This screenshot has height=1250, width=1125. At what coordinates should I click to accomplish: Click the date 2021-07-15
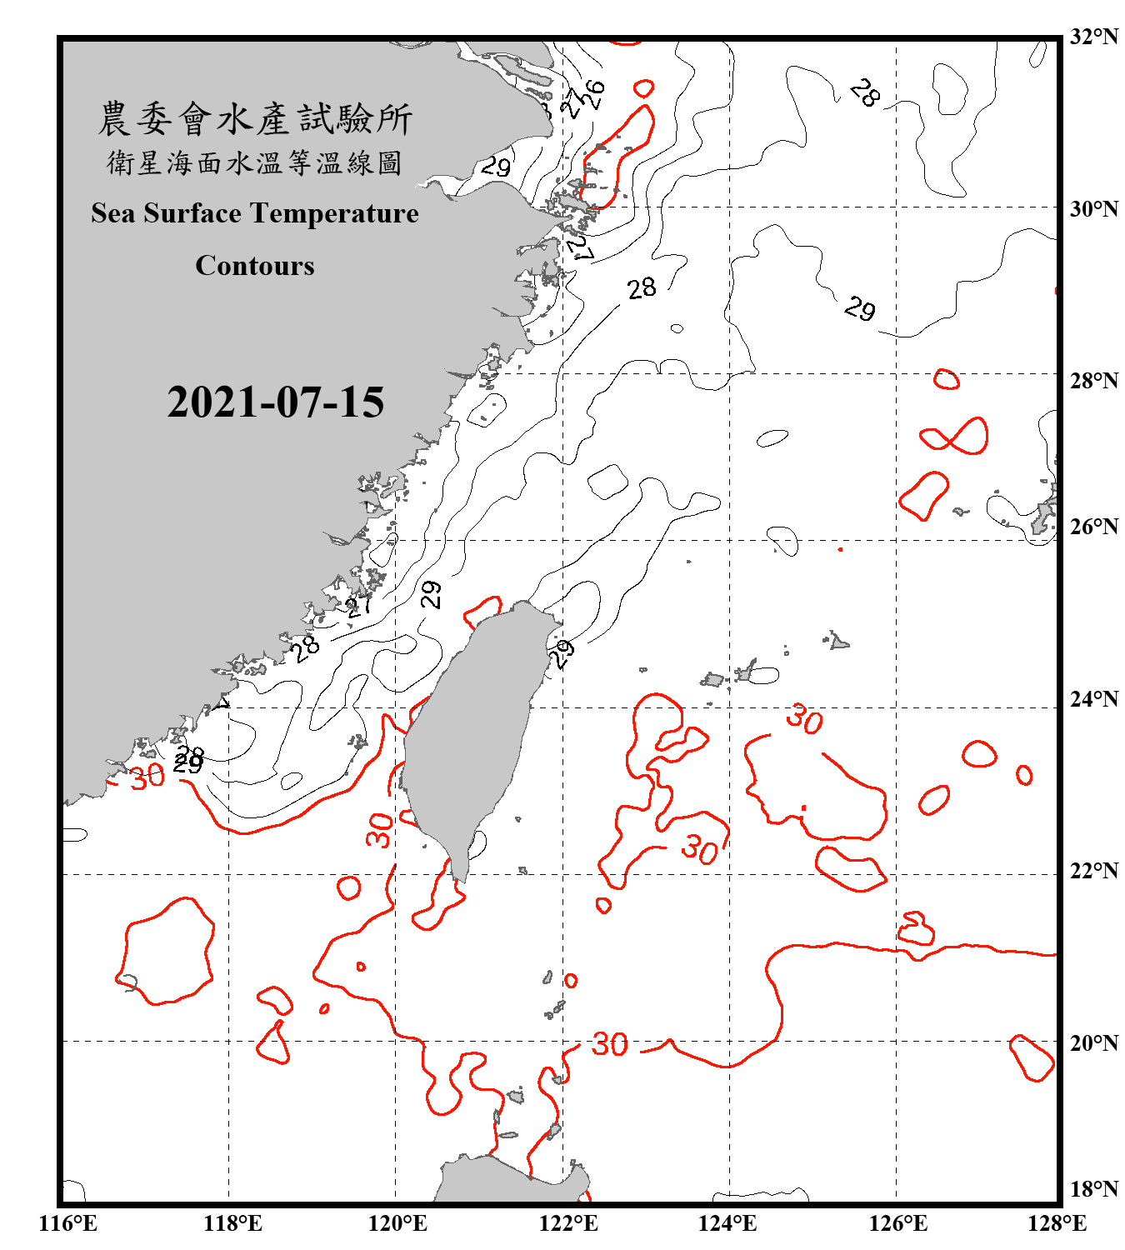[275, 402]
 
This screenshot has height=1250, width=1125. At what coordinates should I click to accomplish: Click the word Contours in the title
[255, 266]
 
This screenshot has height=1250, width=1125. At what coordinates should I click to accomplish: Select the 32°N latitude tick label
[1094, 37]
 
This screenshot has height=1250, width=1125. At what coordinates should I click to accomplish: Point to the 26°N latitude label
[1094, 527]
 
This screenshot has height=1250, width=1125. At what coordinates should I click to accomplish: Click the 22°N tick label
[1094, 871]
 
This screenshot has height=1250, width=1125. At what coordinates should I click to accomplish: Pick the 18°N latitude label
[1094, 1189]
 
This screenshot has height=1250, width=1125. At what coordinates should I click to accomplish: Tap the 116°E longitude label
[67, 1223]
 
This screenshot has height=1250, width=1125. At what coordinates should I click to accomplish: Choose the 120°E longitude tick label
[397, 1223]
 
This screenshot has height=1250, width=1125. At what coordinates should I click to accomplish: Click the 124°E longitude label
[727, 1223]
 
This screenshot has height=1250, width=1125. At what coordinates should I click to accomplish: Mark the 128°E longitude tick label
[1057, 1223]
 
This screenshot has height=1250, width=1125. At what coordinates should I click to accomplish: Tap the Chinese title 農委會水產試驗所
[255, 119]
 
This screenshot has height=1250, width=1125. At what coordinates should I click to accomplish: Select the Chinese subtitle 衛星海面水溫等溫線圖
[255, 163]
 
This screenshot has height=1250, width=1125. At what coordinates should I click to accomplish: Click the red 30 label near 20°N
[609, 1044]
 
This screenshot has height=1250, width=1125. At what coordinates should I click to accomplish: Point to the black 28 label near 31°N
[865, 92]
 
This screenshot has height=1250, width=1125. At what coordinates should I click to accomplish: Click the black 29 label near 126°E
[859, 309]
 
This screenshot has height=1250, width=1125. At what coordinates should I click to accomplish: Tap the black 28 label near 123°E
[642, 288]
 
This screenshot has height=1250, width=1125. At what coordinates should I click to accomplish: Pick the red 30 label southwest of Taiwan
[379, 830]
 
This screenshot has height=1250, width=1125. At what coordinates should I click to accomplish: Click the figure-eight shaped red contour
[955, 437]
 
